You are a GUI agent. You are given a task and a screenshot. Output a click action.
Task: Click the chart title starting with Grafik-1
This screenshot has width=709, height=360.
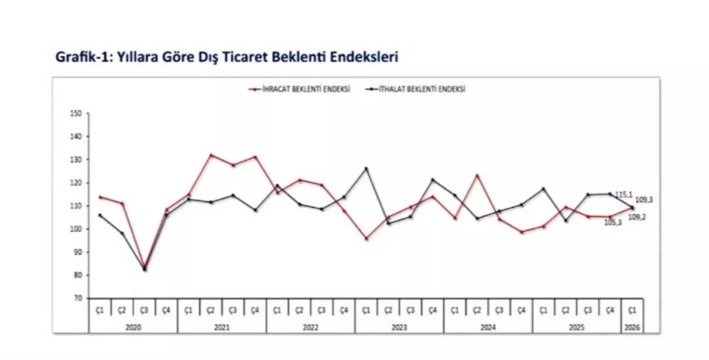(226, 57)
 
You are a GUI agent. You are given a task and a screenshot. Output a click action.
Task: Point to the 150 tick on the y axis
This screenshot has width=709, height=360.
(76, 114)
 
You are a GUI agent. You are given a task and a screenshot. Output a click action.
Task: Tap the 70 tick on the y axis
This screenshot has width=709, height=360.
(78, 298)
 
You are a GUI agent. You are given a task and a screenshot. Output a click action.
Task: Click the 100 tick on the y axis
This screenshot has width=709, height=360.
(76, 229)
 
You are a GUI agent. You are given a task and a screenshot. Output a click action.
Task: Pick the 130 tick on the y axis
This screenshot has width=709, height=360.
(76, 160)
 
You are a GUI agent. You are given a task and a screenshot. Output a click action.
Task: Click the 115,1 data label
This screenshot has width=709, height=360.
(622, 195)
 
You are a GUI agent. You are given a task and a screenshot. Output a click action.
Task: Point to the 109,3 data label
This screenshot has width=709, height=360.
(644, 200)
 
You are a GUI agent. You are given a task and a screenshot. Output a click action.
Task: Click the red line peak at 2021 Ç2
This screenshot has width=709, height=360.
(211, 155)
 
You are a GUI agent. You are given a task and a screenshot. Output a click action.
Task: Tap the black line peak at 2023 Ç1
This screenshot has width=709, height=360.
(367, 169)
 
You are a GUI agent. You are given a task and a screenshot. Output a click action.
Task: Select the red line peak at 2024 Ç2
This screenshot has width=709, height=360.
(477, 175)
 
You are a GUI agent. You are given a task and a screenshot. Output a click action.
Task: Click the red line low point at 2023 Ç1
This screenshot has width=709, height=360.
(367, 239)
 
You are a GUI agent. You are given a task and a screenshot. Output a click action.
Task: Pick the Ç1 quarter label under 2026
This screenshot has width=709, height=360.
(632, 312)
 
